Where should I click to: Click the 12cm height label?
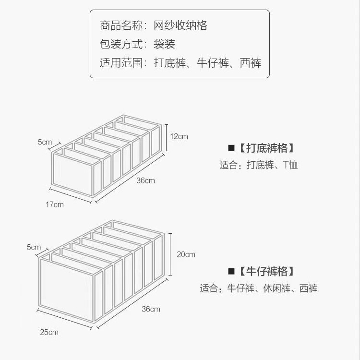click(179, 136)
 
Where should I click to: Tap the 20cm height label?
click(186, 254)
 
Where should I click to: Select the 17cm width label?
click(55, 204)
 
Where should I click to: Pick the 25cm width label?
click(49, 332)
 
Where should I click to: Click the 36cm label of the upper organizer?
click(145, 180)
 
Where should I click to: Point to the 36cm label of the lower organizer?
click(151, 309)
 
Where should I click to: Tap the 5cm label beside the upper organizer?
click(45, 142)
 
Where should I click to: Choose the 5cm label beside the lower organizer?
click(34, 247)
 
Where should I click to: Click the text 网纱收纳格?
click(180, 25)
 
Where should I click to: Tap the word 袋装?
click(164, 44)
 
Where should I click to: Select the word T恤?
click(290, 165)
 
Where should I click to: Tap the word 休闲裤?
click(276, 288)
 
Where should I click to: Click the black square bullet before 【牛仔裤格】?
click(231, 272)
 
